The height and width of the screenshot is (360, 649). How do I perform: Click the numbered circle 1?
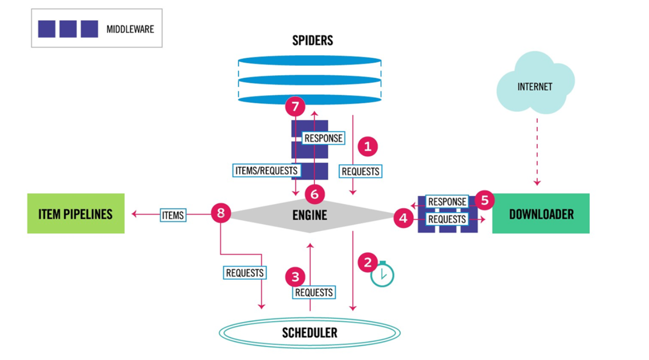point(368,146)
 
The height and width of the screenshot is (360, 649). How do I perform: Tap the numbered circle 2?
point(368,263)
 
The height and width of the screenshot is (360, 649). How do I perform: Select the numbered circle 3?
point(295,277)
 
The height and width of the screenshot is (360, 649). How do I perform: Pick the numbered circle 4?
point(404,218)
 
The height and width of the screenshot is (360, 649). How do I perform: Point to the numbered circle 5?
point(484,200)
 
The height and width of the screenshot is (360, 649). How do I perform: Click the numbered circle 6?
point(314,194)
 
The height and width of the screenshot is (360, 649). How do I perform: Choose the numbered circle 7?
point(295,106)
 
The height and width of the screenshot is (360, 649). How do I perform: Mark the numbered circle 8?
point(221,213)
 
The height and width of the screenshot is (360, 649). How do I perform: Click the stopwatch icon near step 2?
point(382,274)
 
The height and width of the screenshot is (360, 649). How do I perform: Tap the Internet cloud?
point(535,83)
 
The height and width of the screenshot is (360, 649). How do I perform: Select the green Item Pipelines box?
point(76,214)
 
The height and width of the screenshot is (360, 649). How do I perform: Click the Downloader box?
point(541,214)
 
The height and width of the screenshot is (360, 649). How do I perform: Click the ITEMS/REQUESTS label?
point(266,170)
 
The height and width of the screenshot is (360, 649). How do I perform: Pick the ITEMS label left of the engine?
point(173,215)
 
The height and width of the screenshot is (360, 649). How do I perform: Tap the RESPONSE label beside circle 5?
point(447,202)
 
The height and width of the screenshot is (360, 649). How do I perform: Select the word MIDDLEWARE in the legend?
point(130,29)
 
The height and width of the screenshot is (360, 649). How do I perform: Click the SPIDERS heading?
point(312,41)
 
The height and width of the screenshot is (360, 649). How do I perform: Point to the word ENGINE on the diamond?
point(310,215)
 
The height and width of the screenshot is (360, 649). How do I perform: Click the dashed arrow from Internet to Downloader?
point(537,152)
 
